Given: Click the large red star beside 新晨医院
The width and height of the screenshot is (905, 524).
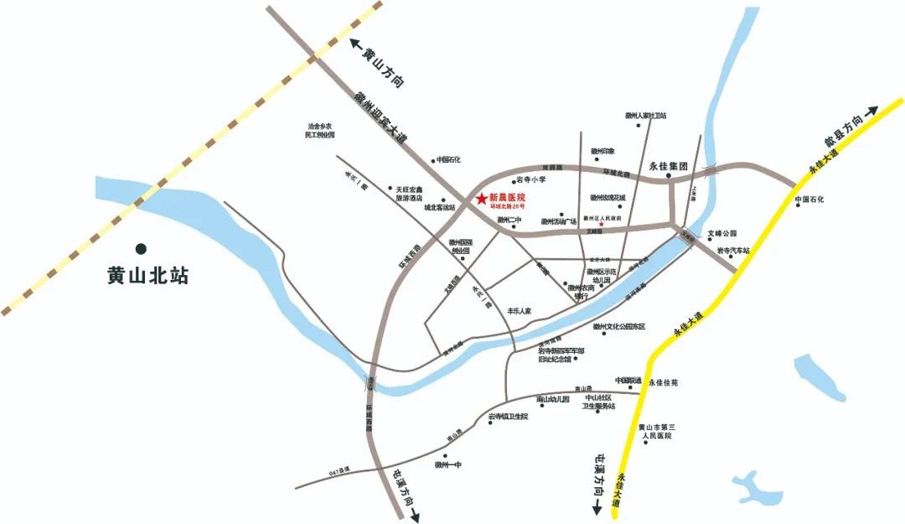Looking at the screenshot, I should (x=481, y=199).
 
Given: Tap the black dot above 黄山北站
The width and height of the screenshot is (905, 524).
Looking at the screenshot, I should (x=142, y=248).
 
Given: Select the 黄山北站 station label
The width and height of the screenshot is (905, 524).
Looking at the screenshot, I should (x=147, y=275).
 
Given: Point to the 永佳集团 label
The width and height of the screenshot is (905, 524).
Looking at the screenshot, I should (x=668, y=166).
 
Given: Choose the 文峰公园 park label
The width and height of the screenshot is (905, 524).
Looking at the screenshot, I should (x=721, y=234).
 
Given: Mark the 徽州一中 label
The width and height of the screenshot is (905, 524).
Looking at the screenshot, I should (x=448, y=464).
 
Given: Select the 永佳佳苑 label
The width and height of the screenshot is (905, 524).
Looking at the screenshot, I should (x=663, y=382).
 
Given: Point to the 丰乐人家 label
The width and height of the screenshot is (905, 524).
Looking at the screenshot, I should (x=514, y=310).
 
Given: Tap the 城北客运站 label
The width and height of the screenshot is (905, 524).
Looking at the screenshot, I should (x=438, y=207).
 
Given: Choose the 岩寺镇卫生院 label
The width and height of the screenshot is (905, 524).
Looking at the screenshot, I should (x=509, y=416).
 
